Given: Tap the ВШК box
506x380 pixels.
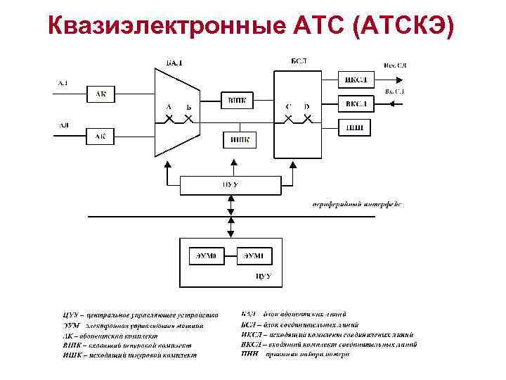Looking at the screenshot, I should click(237, 101).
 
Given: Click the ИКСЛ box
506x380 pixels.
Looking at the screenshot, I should click(356, 78).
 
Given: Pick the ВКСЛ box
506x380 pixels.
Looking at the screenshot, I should click(356, 105).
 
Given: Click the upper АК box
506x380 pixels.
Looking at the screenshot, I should click(100, 93).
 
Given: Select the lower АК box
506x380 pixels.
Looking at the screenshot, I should click(100, 135).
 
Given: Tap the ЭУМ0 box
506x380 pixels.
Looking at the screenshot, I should click(208, 255).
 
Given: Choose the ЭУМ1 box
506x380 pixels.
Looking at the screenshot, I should click(253, 255).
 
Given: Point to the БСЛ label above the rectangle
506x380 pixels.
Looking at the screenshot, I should click(298, 61).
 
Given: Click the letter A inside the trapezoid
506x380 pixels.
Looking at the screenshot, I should click(169, 106).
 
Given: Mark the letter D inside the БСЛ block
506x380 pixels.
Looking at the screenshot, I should click(307, 107).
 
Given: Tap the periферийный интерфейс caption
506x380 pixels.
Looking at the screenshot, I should click(356, 205).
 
